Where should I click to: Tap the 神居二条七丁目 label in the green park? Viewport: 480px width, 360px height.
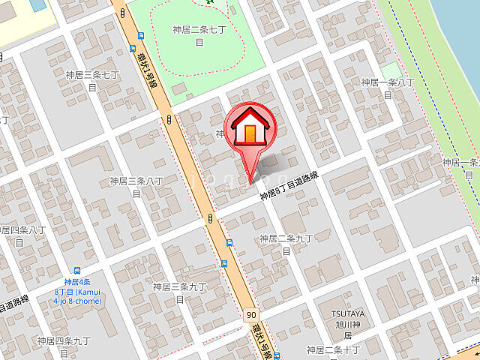pos(199,36)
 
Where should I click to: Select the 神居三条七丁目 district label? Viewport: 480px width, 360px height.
pos(92,80)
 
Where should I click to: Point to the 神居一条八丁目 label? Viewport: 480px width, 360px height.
pos(387,88)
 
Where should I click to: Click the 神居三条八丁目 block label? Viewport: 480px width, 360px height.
pos(136,187)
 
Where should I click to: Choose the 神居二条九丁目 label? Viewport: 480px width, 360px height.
pos(286,244)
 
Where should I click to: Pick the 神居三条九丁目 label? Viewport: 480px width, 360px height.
pos(179,292)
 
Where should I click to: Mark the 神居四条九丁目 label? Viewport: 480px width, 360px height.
pos(64,347)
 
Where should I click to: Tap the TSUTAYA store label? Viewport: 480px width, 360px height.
pos(348,313)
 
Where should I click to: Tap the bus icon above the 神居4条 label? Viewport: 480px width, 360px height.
pos(77,271)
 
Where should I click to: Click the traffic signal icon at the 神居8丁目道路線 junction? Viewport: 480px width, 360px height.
pos(211,218)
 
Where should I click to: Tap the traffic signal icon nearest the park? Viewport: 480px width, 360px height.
pos(170,119)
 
